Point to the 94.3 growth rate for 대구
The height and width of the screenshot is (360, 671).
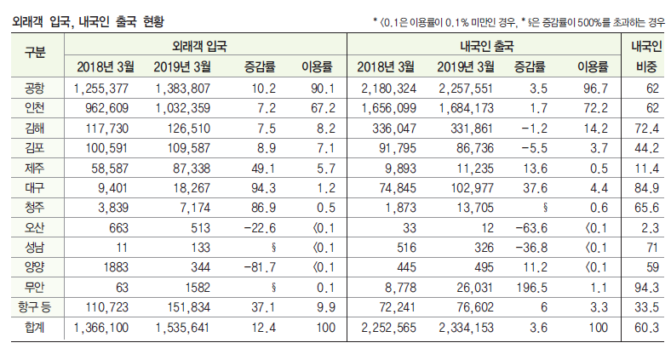(261, 188)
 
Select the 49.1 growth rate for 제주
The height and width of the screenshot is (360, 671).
(261, 169)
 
